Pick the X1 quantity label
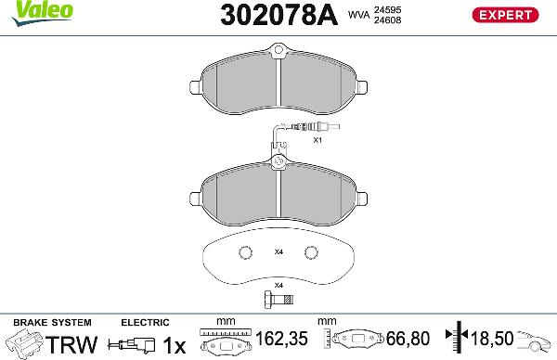pos(317,140)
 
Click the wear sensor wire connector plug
pos(304,128)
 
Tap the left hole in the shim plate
pos(245,252)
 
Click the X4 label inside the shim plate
pos(278,252)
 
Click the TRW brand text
pos(71,345)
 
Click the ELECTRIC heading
pos(145,323)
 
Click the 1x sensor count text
pos(173,345)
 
